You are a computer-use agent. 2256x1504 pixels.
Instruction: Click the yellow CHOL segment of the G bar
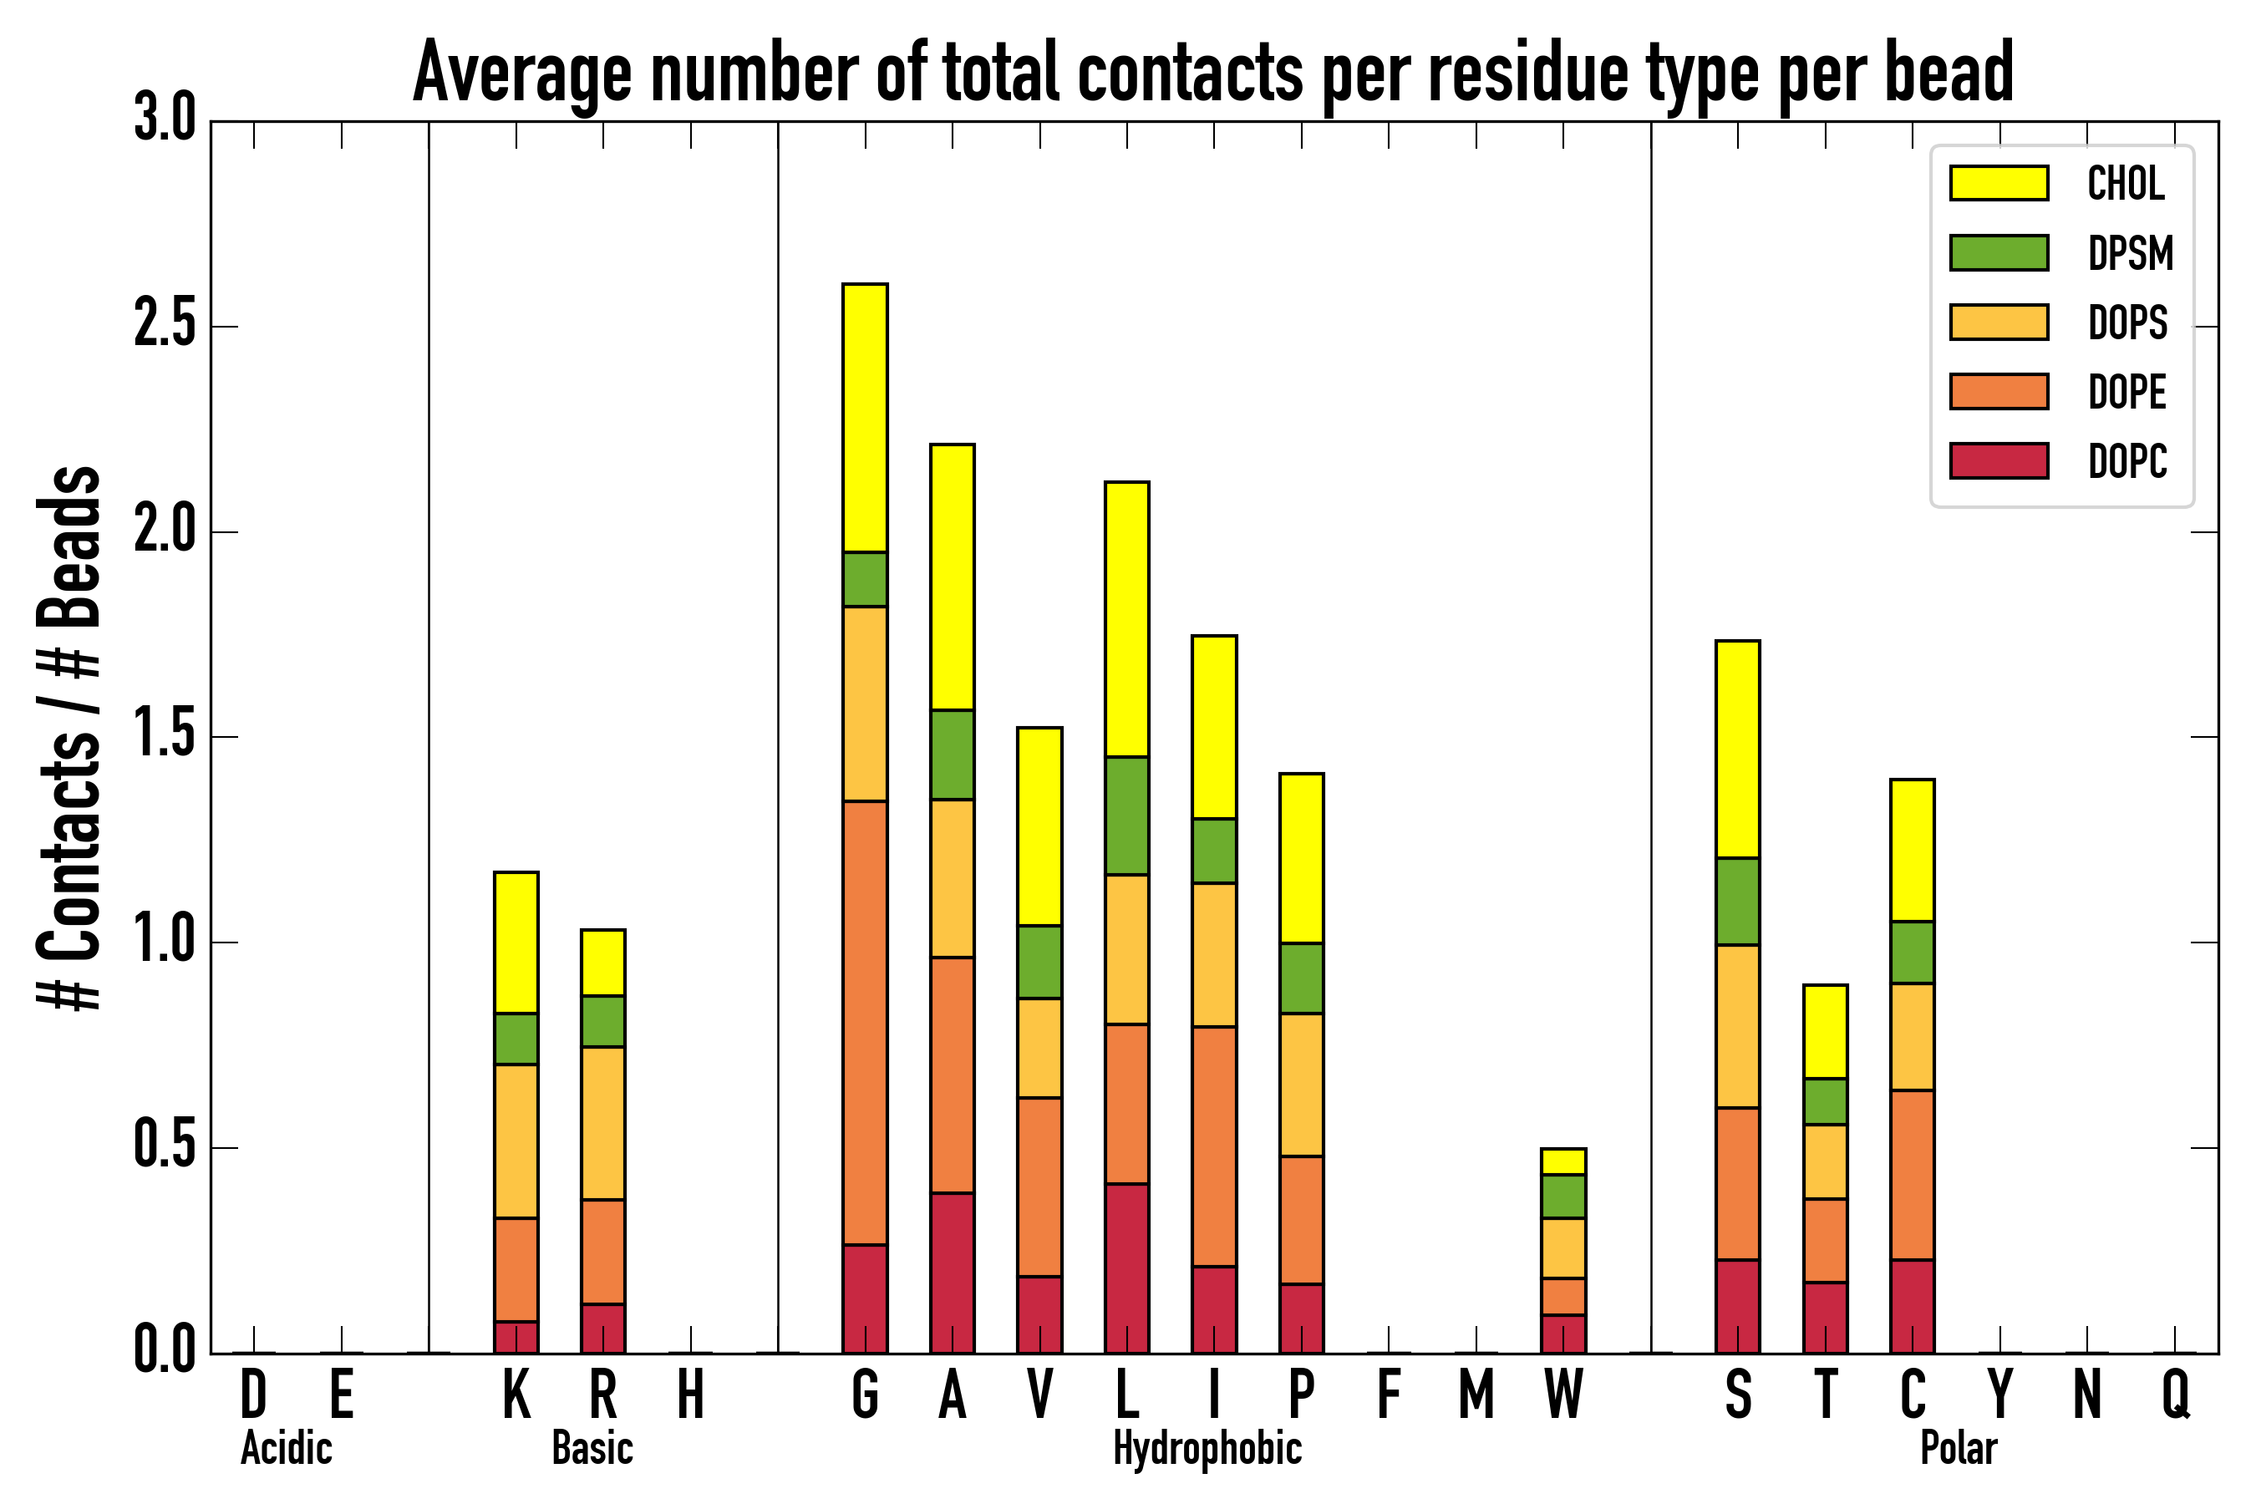click(864, 417)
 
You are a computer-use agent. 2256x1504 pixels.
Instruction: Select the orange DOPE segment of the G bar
click(864, 1023)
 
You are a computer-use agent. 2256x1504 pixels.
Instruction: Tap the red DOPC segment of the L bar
click(1126, 1268)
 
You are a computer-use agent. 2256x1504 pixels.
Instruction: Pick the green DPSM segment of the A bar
click(952, 754)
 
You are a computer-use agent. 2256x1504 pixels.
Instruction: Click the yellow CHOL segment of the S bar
click(1737, 748)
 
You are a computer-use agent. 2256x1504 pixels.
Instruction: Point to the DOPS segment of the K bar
click(516, 1141)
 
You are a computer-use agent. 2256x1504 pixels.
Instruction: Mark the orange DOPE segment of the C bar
click(1912, 1174)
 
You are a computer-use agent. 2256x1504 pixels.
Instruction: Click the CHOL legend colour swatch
click(1999, 182)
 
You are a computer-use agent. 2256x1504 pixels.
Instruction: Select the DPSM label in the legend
click(2129, 253)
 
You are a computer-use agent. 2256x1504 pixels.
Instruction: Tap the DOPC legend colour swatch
click(1999, 460)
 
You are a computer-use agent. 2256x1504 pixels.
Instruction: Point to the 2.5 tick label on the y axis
click(164, 326)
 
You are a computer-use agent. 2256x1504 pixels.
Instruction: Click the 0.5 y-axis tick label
click(164, 1146)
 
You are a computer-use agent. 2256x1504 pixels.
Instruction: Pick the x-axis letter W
click(1562, 1395)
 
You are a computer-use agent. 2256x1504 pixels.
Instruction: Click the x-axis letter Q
click(2176, 1395)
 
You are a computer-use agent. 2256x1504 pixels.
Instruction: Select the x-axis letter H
click(691, 1395)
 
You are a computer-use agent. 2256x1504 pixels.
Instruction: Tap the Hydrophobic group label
click(1207, 1448)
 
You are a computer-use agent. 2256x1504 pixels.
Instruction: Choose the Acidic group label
click(286, 1448)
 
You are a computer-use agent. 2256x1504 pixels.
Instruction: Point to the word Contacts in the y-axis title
click(69, 844)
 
